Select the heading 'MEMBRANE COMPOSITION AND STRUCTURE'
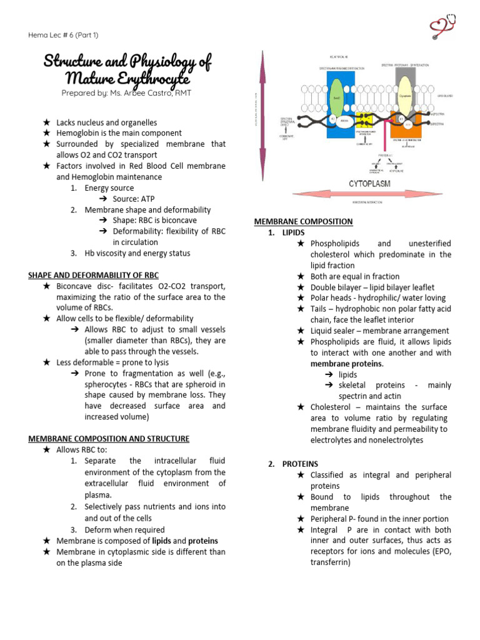[109, 439]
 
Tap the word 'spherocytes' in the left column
[106, 384]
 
